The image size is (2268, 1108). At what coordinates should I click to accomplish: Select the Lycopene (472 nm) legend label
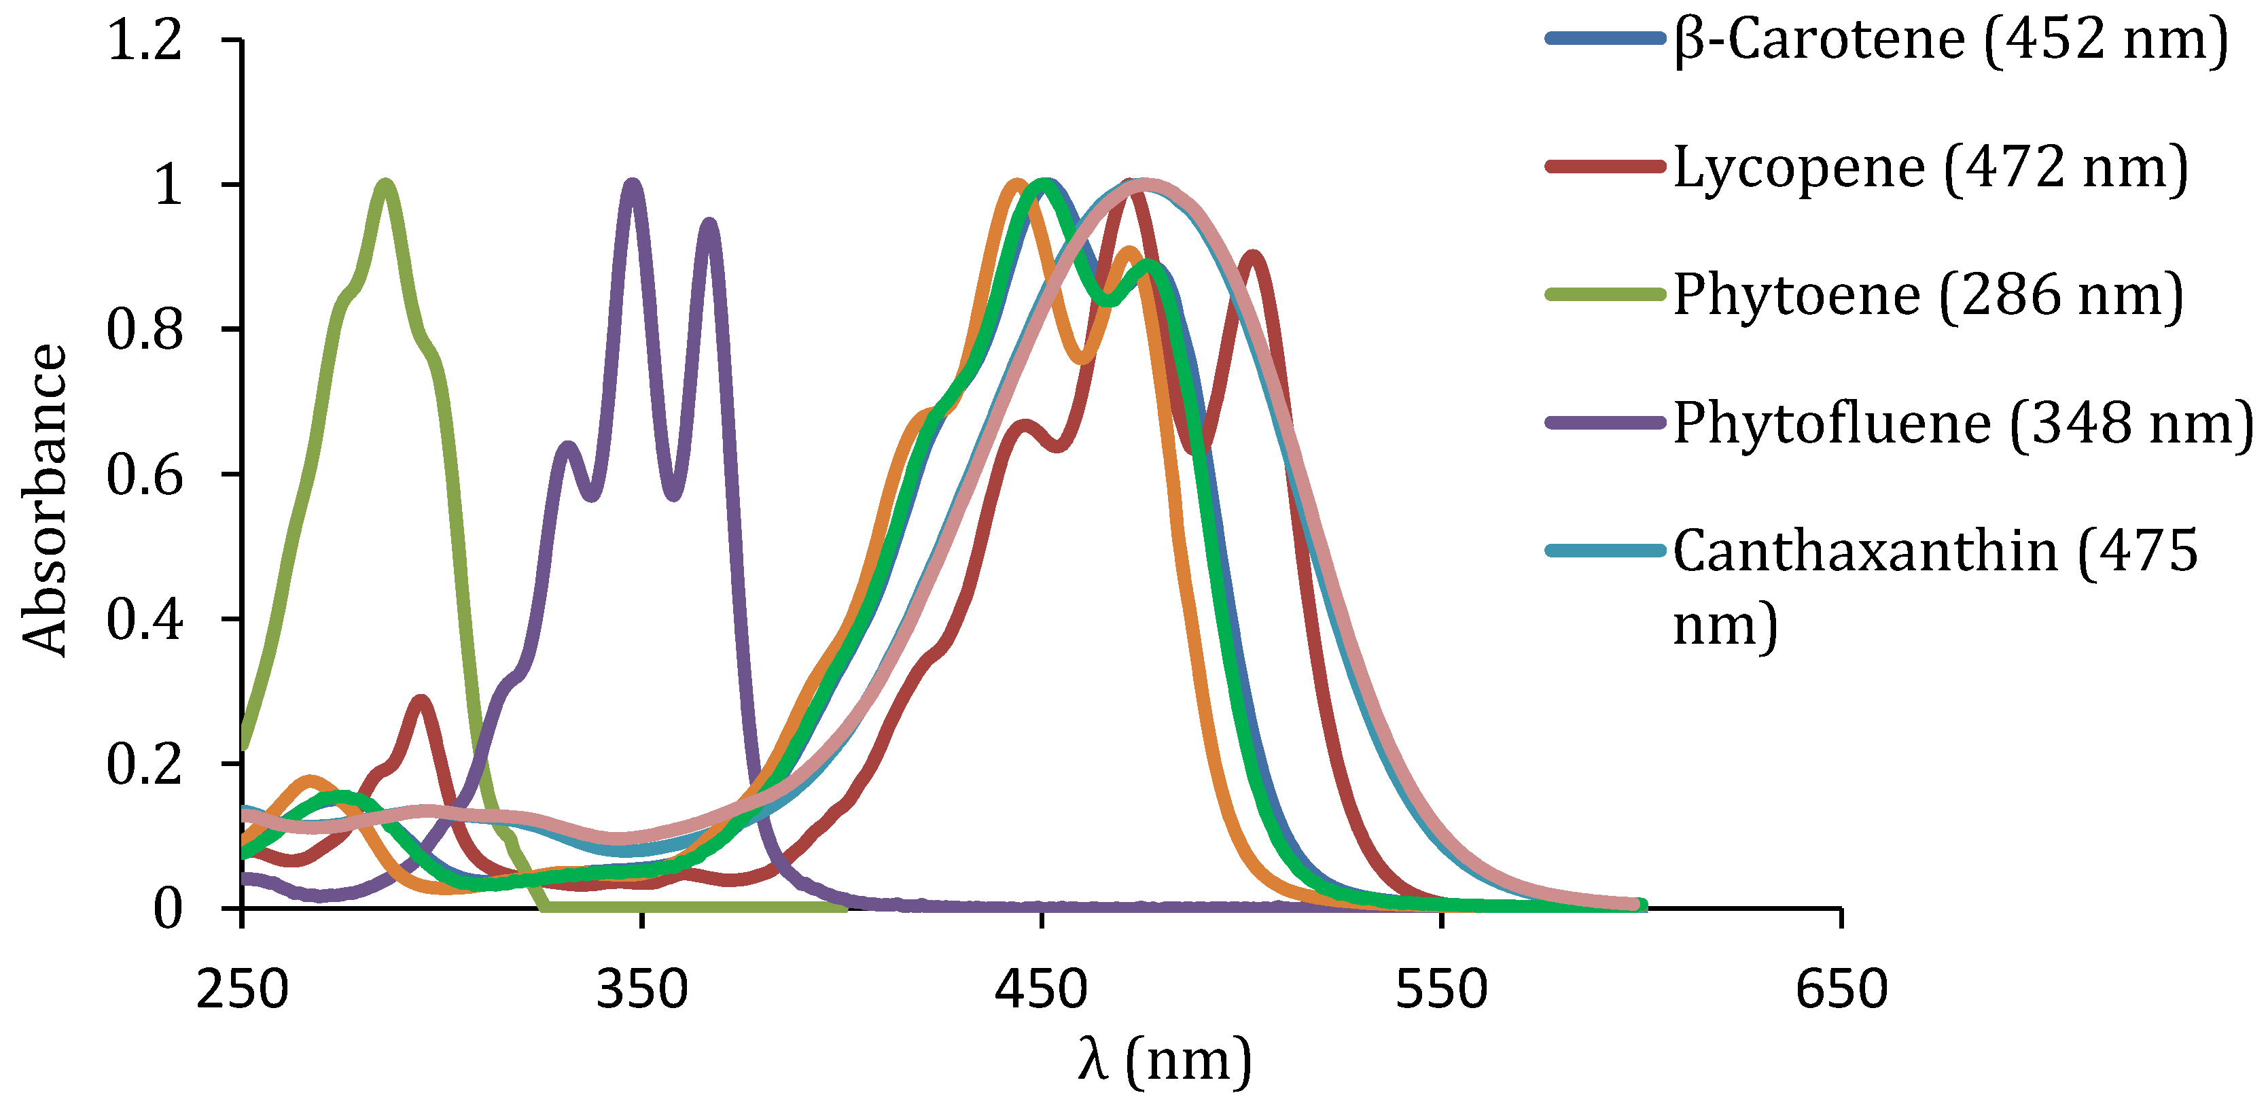click(1930, 167)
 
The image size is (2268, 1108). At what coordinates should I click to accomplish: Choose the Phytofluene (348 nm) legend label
click(1962, 423)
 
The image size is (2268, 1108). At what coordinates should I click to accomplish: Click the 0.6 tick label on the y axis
click(145, 474)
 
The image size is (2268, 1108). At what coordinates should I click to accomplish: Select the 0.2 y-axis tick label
click(145, 763)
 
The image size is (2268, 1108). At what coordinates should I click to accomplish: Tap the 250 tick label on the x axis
click(242, 988)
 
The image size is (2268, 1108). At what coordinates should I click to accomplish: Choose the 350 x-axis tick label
click(642, 988)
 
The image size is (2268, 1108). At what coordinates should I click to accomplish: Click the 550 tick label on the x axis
click(1441, 988)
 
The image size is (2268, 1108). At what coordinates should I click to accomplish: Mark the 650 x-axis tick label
click(1841, 988)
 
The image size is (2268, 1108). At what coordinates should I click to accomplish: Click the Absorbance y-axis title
click(44, 500)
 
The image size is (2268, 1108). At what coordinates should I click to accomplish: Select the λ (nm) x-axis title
click(1164, 1060)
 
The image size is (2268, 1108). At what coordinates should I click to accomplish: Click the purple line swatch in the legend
click(1605, 423)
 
